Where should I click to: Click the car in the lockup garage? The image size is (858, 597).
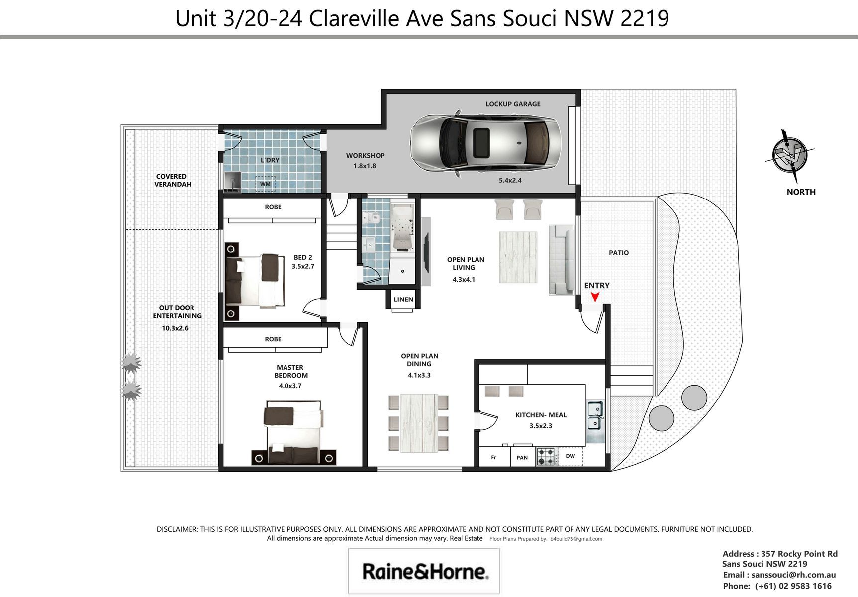(485, 143)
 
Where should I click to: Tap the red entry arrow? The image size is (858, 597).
(595, 297)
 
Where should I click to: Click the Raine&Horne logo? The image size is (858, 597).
(424, 571)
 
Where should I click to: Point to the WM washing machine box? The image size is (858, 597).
(265, 184)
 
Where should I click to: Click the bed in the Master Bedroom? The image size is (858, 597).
(293, 432)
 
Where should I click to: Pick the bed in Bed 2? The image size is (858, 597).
(255, 281)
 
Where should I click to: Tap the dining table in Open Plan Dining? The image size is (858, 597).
(418, 423)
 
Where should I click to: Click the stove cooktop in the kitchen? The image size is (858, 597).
(546, 457)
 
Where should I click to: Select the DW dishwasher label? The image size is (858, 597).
(570, 456)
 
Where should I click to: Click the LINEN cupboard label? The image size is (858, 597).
(403, 299)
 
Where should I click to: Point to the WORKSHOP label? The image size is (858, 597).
(365, 155)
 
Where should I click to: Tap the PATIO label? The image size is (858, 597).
(619, 253)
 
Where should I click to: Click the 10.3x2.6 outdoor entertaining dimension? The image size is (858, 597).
(175, 328)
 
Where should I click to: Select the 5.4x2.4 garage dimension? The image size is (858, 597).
(510, 180)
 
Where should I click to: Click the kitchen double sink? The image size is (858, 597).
(595, 415)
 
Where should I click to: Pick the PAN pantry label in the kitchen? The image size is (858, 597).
(522, 458)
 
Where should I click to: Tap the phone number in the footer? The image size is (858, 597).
(793, 586)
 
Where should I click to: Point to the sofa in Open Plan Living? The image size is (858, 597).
(562, 259)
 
